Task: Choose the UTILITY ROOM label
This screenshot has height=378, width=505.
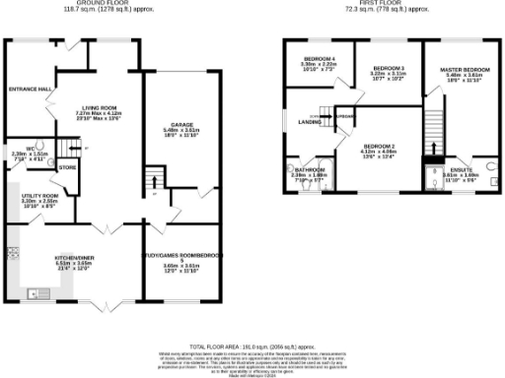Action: [x=40, y=196]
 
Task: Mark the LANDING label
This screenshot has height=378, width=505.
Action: [x=309, y=122]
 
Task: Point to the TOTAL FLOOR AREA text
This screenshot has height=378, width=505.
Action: [x=252, y=346]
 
